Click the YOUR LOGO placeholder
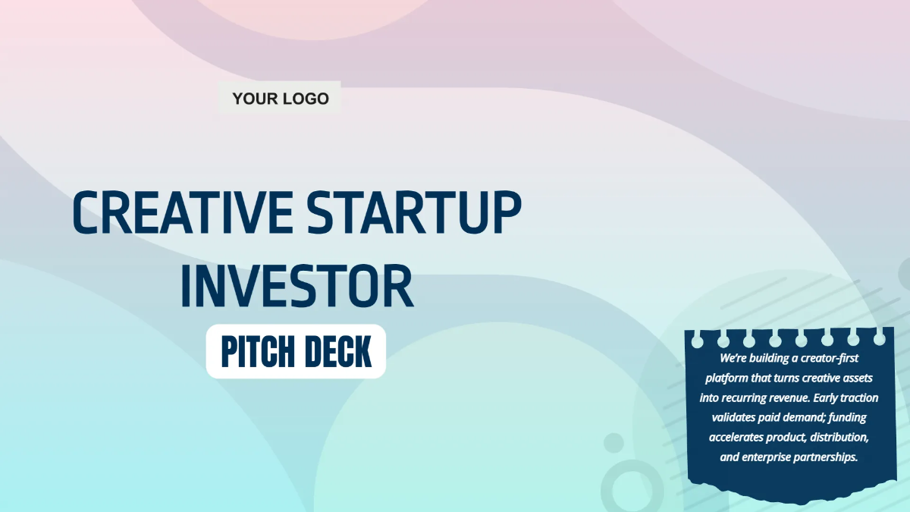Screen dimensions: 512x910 pyautogui.click(x=280, y=99)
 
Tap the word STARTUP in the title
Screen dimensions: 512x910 pyautogui.click(x=415, y=212)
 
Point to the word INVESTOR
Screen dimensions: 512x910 pyautogui.click(x=297, y=287)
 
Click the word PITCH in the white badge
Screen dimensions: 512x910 pyautogui.click(x=253, y=352)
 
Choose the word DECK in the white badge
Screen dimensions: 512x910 pyautogui.click(x=338, y=352)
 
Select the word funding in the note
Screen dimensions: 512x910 pyautogui.click(x=848, y=417)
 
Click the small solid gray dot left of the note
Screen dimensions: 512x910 pyautogui.click(x=613, y=443)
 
